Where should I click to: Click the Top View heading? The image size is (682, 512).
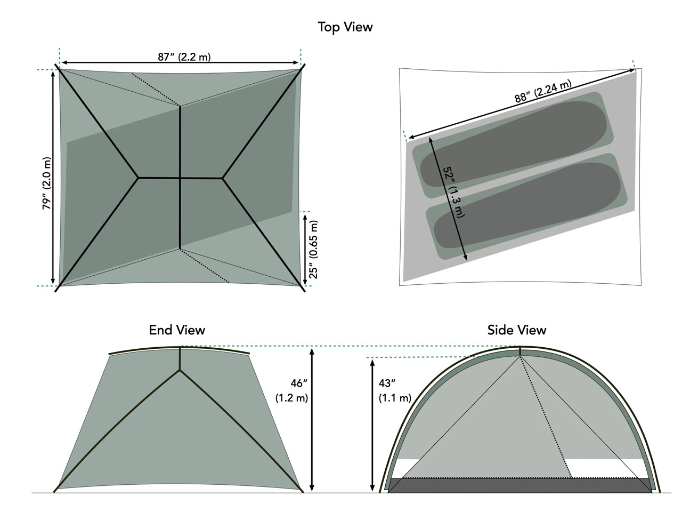345,27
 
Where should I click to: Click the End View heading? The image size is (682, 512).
177,330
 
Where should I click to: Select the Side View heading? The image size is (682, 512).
517,330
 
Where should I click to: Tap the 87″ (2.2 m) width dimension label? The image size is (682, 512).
184,57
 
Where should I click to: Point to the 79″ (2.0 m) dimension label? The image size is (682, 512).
46,183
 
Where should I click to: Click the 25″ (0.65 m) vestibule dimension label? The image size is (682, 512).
313,249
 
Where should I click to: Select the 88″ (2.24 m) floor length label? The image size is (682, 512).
543,91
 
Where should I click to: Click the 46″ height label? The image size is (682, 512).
299,383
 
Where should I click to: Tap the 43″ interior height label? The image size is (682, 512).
387,383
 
